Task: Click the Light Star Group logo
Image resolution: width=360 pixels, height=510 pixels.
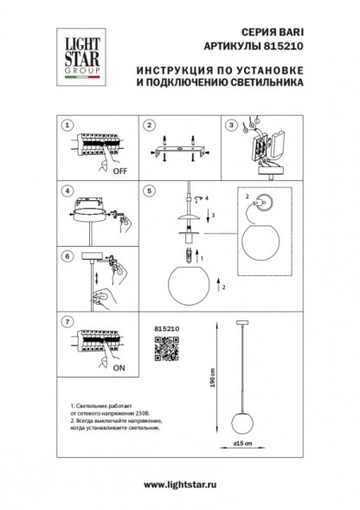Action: (76, 55)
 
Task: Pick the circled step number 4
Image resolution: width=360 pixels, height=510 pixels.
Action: (66, 189)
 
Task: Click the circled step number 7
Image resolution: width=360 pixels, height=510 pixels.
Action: (66, 320)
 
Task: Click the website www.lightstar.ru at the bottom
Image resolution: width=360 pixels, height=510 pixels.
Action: (179, 491)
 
